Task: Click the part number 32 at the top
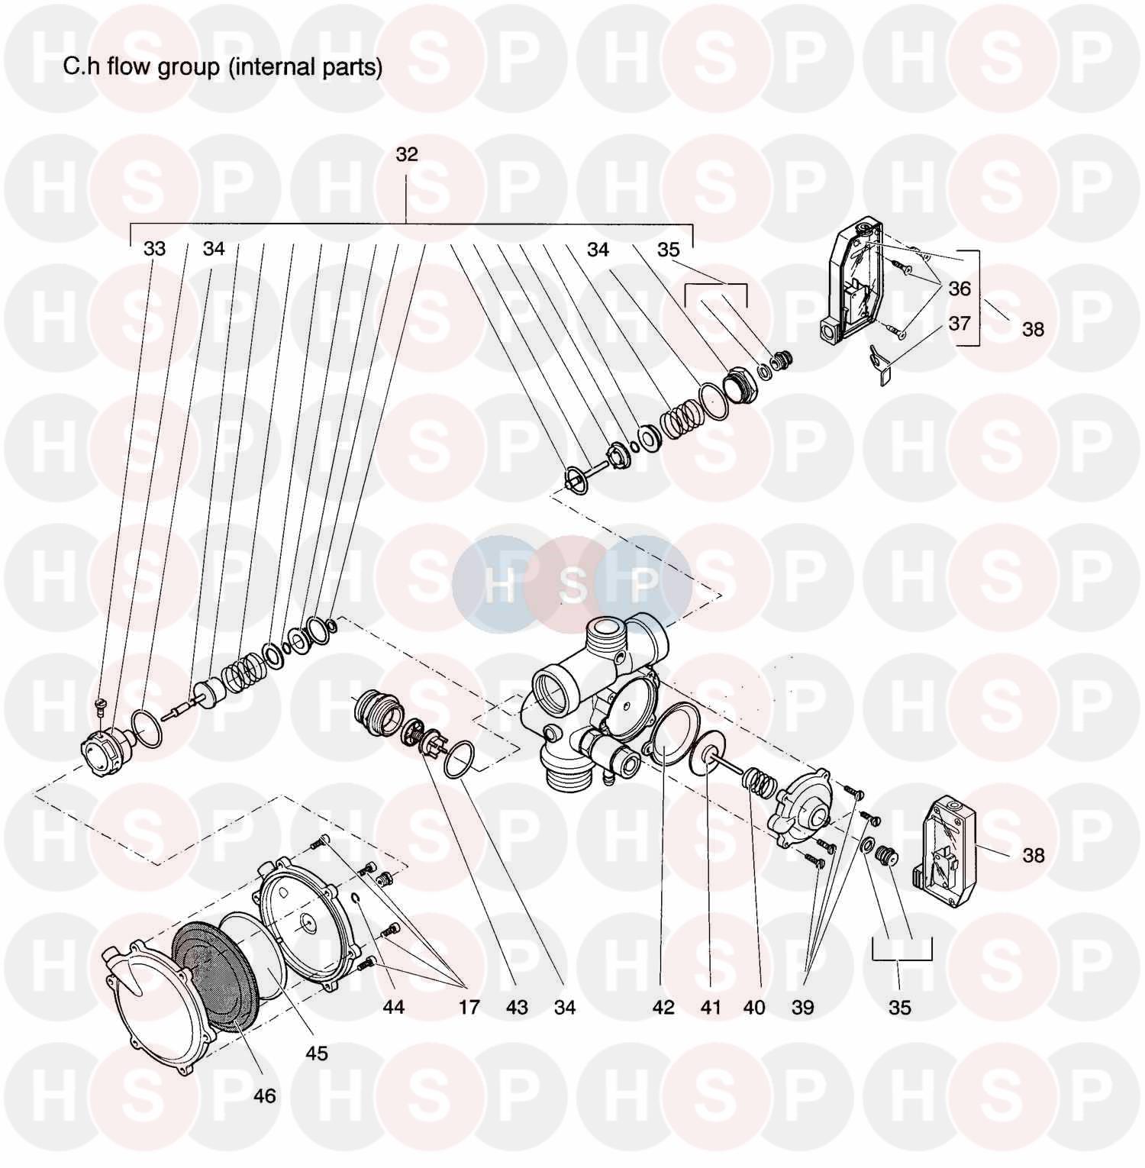[407, 154]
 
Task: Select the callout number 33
[154, 249]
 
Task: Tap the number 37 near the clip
[960, 323]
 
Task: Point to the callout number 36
[960, 288]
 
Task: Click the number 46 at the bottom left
[264, 1096]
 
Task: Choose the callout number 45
[316, 1053]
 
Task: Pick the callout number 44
[393, 1008]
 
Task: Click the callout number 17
[469, 1008]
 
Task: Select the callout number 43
[517, 1008]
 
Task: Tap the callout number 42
[663, 1008]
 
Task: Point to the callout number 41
[711, 1008]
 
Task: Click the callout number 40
[754, 1008]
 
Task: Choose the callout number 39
[802, 1008]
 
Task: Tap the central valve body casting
[595, 702]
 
